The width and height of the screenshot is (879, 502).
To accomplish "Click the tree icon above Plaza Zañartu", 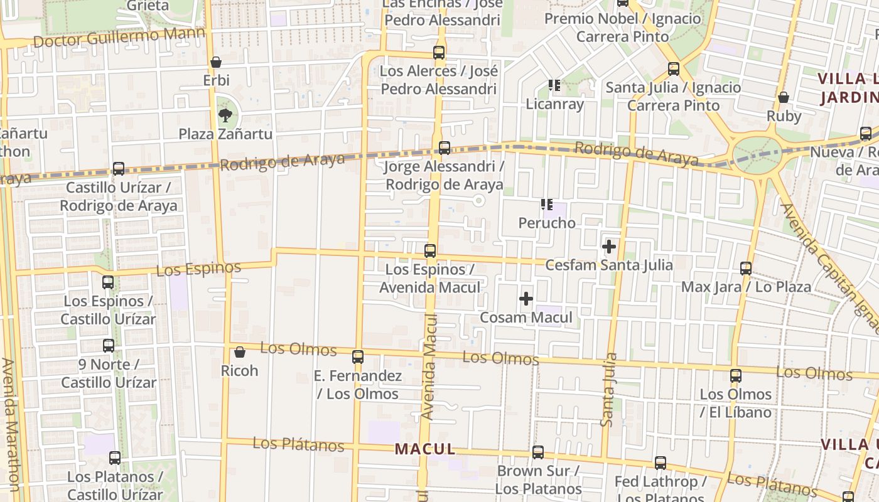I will coord(225,115).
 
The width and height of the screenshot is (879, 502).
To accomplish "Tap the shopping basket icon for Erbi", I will coord(216,62).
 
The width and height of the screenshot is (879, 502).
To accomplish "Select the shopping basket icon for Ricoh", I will coord(239,353).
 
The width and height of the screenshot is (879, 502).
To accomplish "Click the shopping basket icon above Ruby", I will coord(784,98).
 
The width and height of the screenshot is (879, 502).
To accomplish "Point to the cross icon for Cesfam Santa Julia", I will coord(608,247).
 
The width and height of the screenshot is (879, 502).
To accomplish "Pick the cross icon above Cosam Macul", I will coord(526,299).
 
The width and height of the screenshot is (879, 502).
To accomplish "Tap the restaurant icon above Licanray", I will coord(554,85).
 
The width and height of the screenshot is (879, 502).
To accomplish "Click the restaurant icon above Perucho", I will coord(547,205).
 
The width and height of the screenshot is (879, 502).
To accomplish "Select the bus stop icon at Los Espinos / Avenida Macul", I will coord(430,251).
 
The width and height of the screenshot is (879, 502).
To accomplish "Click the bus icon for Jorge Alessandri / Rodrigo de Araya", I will coord(445,148).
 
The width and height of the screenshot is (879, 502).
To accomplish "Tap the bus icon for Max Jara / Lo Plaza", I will coord(746,269).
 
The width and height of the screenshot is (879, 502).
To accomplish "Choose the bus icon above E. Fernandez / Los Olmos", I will coord(358,357).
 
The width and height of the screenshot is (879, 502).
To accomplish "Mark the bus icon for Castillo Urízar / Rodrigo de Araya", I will coord(119,169).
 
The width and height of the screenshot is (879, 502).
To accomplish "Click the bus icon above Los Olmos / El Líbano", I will coord(736,376).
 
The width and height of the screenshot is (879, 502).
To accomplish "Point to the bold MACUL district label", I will coord(425,449).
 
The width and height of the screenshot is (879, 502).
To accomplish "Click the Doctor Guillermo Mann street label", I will coord(119,38).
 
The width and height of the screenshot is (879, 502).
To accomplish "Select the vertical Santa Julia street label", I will coord(608,390).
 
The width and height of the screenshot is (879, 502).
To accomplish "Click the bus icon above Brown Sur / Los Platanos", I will coord(538,452).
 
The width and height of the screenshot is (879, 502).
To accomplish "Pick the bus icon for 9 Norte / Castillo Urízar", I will coord(109,346).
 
